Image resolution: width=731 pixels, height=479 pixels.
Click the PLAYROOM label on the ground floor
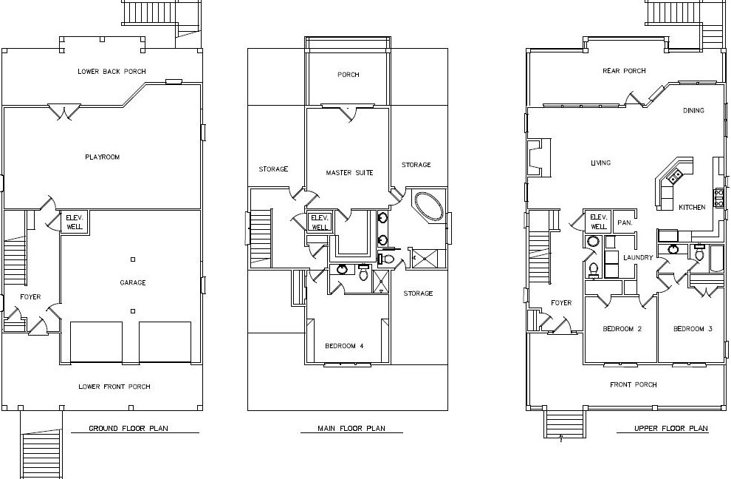[102, 157]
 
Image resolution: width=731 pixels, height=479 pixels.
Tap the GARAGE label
[133, 282]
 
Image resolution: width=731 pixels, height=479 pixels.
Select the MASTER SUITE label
[350, 173]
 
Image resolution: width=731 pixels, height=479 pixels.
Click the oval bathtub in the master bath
[428, 205]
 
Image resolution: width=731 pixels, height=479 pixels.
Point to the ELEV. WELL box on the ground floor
[75, 222]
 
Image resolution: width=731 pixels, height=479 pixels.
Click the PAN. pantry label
[625, 223]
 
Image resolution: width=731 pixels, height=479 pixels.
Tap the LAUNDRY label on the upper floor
[638, 257]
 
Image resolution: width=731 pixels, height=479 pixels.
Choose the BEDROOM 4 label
[344, 346]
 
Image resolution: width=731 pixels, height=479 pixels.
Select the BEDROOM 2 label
[622, 329]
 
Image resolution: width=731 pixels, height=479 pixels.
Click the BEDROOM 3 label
[693, 329]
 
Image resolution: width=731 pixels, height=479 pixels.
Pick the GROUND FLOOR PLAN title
[128, 428]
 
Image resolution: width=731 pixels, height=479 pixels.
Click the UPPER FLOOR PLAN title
[671, 428]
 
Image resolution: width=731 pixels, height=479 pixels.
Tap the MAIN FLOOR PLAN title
[351, 428]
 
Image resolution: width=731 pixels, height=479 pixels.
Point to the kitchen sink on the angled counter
[675, 176]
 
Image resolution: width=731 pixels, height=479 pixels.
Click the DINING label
[693, 111]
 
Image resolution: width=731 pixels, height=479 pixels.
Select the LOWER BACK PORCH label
[112, 72]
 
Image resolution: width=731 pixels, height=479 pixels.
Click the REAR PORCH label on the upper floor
[624, 71]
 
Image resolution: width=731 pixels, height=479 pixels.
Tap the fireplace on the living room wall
[539, 158]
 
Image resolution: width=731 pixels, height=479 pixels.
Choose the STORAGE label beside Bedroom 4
[418, 293]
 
